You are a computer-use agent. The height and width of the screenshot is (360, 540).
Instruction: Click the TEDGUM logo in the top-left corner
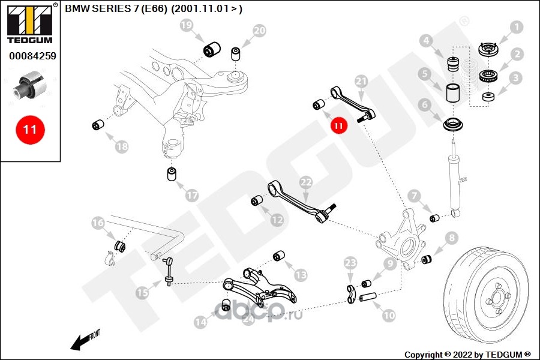(x=30, y=23)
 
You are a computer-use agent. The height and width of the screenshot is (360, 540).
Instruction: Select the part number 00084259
(x=33, y=56)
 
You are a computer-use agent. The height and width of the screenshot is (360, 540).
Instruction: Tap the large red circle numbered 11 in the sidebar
(x=30, y=130)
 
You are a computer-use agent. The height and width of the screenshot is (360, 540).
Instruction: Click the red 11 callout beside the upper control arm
(x=338, y=126)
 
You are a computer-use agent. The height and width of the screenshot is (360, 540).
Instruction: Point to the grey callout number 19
(x=187, y=25)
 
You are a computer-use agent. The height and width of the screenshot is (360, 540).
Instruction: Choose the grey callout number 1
(x=516, y=26)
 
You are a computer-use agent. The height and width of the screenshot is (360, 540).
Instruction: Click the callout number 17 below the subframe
(x=192, y=196)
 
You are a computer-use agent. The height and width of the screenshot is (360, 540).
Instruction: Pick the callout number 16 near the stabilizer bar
(x=98, y=223)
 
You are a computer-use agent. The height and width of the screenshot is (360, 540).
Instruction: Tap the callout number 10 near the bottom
(x=389, y=315)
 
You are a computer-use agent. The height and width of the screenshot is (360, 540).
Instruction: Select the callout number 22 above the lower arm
(x=306, y=182)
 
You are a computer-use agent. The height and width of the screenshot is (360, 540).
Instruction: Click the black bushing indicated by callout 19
(x=212, y=50)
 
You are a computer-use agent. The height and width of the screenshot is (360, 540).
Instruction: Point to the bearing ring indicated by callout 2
(x=488, y=75)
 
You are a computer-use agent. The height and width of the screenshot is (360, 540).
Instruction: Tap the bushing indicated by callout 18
(x=99, y=124)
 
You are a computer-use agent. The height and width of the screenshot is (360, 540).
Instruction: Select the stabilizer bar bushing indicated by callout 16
(x=119, y=245)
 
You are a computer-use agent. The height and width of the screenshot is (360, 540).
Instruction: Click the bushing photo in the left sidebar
(x=29, y=85)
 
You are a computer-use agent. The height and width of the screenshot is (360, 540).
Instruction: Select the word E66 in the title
(x=155, y=8)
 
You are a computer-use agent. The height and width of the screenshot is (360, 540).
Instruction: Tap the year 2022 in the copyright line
(x=463, y=355)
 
